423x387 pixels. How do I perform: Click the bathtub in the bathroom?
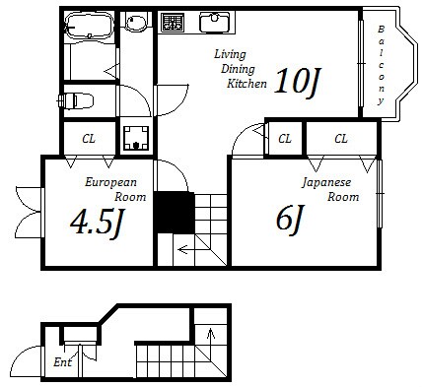pos(89,25)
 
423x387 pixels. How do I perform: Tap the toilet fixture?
pos(76,100)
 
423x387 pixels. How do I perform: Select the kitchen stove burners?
pos(172,22)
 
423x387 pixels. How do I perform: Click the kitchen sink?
pos(215,22)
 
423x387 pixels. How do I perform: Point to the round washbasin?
pos(135,23)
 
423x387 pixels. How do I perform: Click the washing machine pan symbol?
pos(136,138)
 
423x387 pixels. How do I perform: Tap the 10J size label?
pos(296,82)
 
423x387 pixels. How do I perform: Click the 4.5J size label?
pos(97,224)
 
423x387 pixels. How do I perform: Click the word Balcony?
pos(381,65)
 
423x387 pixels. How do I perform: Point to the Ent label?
pos(62,362)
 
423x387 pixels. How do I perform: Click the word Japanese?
pos(326,183)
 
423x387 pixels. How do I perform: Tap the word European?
pos(110,182)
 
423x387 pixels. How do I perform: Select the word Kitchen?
pos(247,84)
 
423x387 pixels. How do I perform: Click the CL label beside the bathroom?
pos(89,139)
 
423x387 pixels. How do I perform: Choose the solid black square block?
pos(175,213)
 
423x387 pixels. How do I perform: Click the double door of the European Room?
pos(29,212)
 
